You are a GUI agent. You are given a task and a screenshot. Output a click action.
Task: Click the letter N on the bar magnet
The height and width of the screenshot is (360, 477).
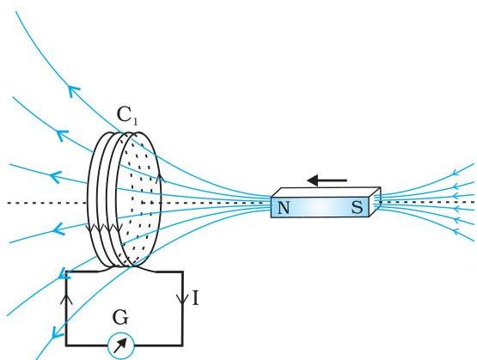pyautogui.click(x=284, y=208)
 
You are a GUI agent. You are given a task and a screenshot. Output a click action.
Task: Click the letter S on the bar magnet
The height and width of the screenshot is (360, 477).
pyautogui.click(x=358, y=208)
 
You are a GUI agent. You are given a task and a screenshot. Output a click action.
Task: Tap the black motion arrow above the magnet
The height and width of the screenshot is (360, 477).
pyautogui.click(x=327, y=180)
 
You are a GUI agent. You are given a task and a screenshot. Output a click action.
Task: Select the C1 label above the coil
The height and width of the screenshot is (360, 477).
pyautogui.click(x=127, y=116)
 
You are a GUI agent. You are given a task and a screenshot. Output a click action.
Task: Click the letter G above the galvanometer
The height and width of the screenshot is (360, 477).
pyautogui.click(x=120, y=317)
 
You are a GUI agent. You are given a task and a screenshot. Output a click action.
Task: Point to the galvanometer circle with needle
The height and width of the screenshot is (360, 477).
pyautogui.click(x=121, y=346)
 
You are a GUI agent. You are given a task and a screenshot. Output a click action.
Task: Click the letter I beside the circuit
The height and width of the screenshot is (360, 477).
pyautogui.click(x=196, y=298)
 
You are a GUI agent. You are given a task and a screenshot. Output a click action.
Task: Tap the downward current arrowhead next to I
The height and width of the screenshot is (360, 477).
pyautogui.click(x=182, y=300)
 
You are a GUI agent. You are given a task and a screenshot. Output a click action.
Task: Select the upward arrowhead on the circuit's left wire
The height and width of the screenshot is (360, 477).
pyautogui.click(x=66, y=299)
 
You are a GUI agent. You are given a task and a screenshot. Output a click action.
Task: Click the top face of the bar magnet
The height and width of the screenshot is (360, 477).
pyautogui.click(x=326, y=192)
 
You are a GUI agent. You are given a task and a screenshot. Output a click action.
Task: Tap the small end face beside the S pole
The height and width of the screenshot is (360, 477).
pyautogui.click(x=375, y=201)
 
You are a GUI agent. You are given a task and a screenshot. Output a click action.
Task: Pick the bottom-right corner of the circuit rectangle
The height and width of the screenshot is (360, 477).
pyautogui.click(x=182, y=345)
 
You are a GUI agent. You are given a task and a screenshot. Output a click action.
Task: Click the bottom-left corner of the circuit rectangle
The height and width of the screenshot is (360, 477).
pyautogui.click(x=66, y=345)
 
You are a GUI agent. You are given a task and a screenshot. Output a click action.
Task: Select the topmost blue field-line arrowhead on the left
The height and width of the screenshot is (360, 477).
pyautogui.click(x=73, y=90)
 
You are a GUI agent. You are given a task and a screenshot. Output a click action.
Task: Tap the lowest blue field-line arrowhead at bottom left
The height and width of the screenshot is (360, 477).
pyautogui.click(x=55, y=332)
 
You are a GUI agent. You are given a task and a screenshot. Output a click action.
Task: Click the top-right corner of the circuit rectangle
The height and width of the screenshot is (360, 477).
pyautogui.click(x=182, y=272)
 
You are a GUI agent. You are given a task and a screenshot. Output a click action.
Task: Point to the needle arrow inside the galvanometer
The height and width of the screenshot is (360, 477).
pyautogui.click(x=120, y=345)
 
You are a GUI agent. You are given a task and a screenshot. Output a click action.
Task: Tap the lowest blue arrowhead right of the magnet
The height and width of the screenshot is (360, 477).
pyautogui.click(x=456, y=232)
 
